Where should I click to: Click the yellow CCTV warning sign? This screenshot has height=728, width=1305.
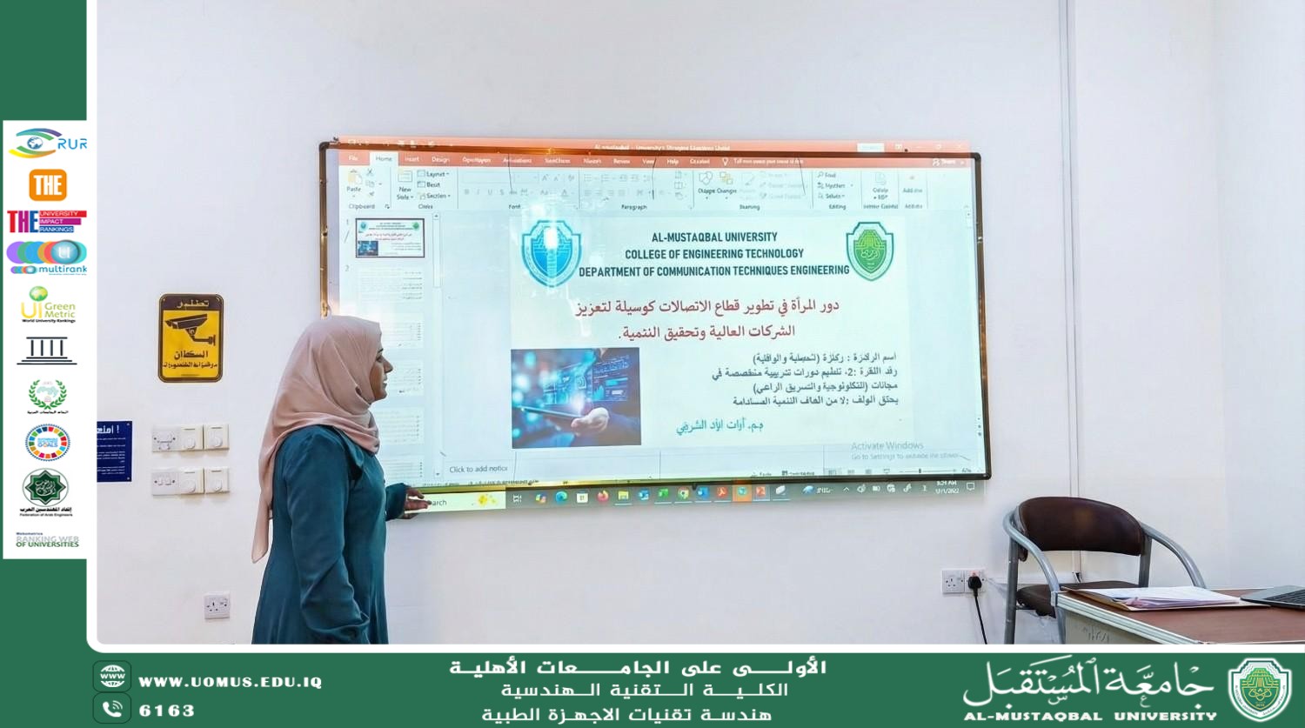[x=191, y=337]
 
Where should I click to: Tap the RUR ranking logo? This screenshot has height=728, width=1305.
[x=48, y=143]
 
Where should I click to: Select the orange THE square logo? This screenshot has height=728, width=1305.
[x=48, y=184]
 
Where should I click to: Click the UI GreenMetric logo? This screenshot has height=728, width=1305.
[x=48, y=304]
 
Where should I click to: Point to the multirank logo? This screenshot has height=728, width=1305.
[x=48, y=257]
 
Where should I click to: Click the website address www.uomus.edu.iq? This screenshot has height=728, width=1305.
[x=230, y=682]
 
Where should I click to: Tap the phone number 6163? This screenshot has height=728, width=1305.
[x=167, y=711]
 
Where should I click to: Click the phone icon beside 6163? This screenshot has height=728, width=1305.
[x=112, y=709]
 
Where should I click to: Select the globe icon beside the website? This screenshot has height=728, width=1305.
[x=112, y=676]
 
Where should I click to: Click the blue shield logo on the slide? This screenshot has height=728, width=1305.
[x=550, y=252]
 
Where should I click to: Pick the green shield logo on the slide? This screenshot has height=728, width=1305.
[x=870, y=250]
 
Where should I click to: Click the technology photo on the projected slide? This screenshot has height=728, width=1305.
[x=575, y=397]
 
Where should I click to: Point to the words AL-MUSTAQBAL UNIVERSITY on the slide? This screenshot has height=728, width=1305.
[x=714, y=237]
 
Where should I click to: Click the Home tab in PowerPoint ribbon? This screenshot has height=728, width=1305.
[x=384, y=159]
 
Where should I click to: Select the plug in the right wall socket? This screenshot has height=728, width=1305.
[x=975, y=580]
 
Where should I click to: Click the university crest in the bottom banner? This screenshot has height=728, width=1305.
[x=1259, y=690]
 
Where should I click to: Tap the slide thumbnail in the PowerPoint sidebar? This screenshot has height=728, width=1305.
[x=390, y=238]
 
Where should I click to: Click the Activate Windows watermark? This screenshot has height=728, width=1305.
[x=887, y=445]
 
